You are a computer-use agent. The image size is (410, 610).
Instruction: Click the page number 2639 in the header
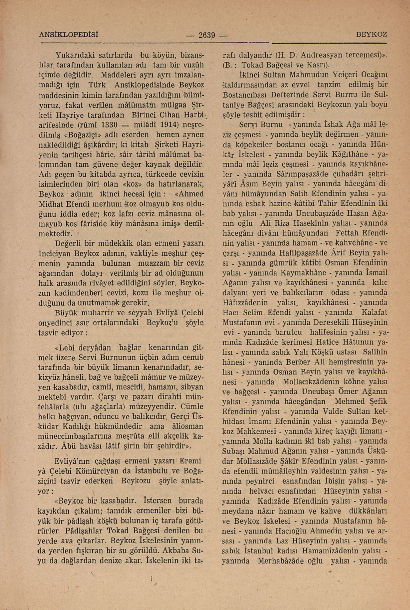[206, 35]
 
